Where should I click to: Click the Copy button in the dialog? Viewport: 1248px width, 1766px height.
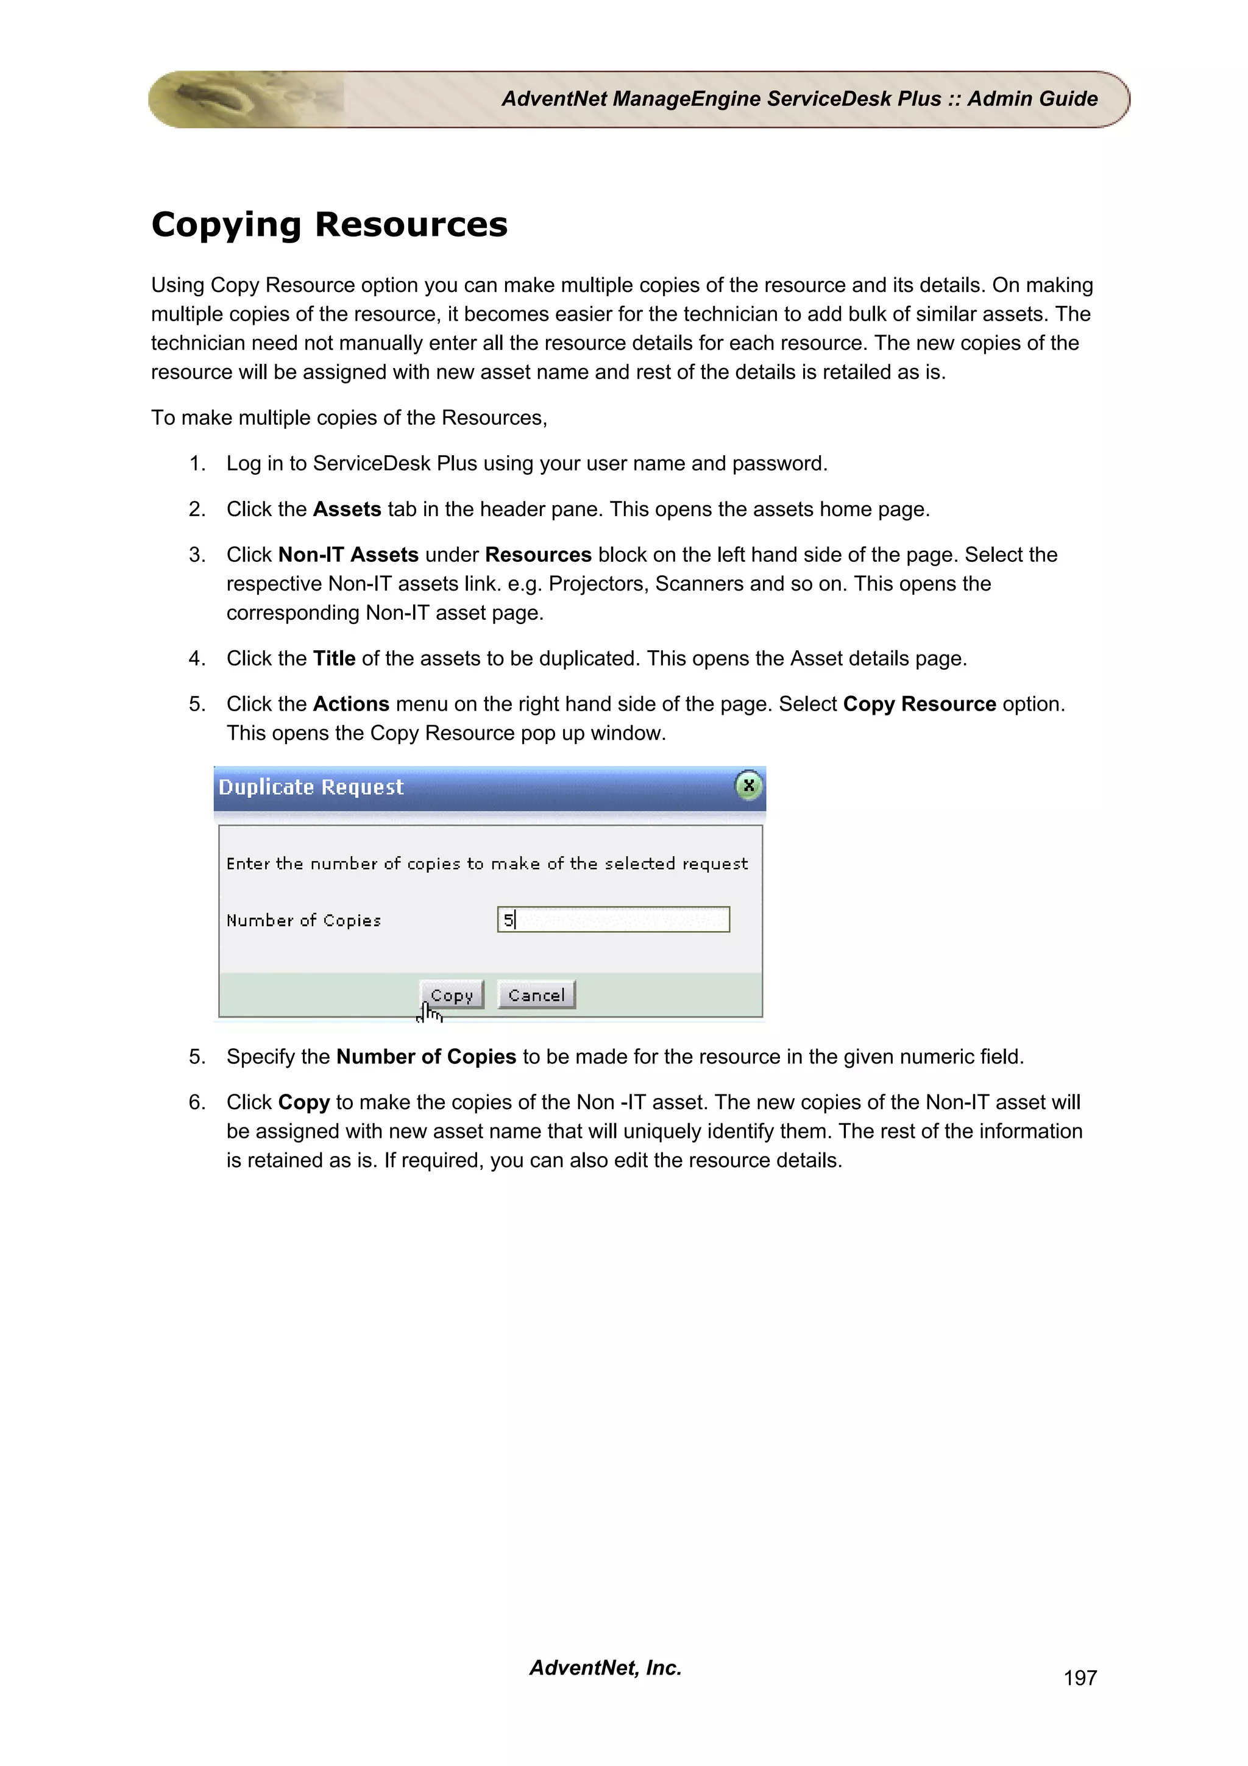[x=452, y=995]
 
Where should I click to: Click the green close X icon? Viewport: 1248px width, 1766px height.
[x=748, y=785]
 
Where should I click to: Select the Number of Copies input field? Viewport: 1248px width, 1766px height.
[x=614, y=919]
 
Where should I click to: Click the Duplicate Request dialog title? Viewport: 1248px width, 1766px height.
[x=311, y=787]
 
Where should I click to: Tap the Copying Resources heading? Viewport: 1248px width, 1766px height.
[x=329, y=225]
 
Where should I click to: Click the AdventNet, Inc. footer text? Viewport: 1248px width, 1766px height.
[x=605, y=1667]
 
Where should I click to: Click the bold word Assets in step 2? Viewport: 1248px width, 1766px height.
[x=347, y=509]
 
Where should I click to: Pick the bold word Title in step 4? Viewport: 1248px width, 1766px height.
[x=334, y=658]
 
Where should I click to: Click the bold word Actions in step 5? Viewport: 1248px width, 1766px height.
[x=350, y=704]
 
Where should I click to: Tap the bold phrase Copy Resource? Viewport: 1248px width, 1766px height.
[x=919, y=704]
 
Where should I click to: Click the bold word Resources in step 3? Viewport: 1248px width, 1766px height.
[x=537, y=555]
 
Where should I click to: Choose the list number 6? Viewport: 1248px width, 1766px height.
[x=197, y=1102]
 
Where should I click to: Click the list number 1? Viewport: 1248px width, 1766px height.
[x=197, y=464]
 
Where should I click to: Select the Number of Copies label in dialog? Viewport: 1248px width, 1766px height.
[x=303, y=920]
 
